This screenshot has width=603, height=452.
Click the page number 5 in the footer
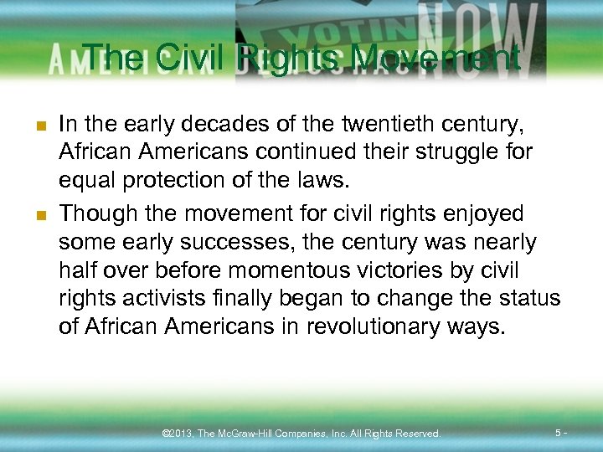pos(559,432)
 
